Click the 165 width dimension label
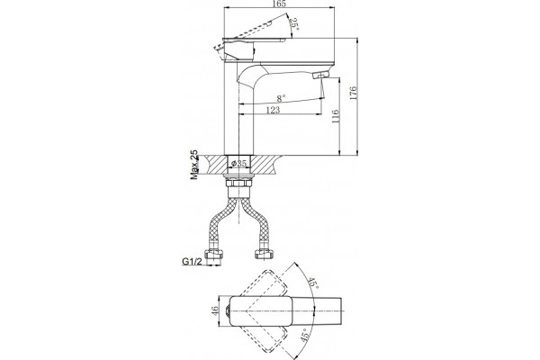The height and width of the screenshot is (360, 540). click(281, 4)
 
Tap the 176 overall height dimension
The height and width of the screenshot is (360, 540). click(354, 94)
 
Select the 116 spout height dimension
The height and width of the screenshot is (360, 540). click(336, 116)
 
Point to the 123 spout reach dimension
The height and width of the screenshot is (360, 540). click(273, 110)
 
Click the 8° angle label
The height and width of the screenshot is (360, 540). click(282, 98)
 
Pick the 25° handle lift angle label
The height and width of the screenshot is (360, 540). click(293, 23)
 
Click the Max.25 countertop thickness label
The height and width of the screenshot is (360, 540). click(194, 165)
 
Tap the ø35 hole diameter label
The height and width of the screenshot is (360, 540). click(239, 163)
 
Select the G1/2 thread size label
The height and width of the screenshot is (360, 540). click(192, 262)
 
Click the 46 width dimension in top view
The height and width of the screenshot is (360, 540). click(215, 310)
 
